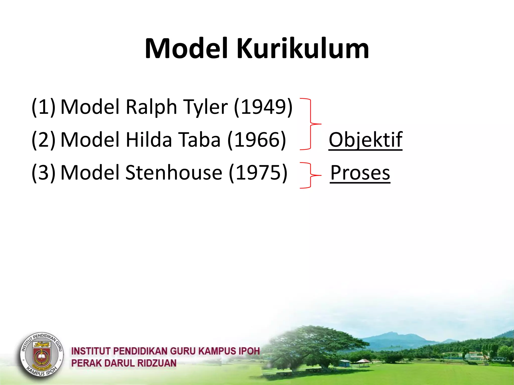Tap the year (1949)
[x=263, y=107]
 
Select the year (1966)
[x=256, y=140]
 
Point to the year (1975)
[x=258, y=173]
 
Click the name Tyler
[x=205, y=107]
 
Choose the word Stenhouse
[x=174, y=173]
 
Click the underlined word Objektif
[x=365, y=140]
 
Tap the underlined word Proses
[x=360, y=173]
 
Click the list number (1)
[x=43, y=107]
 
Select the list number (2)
[x=43, y=140]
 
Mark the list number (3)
[x=43, y=173]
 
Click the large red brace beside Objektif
[x=311, y=124]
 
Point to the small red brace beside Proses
[x=311, y=175]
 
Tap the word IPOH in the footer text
[x=249, y=351]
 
